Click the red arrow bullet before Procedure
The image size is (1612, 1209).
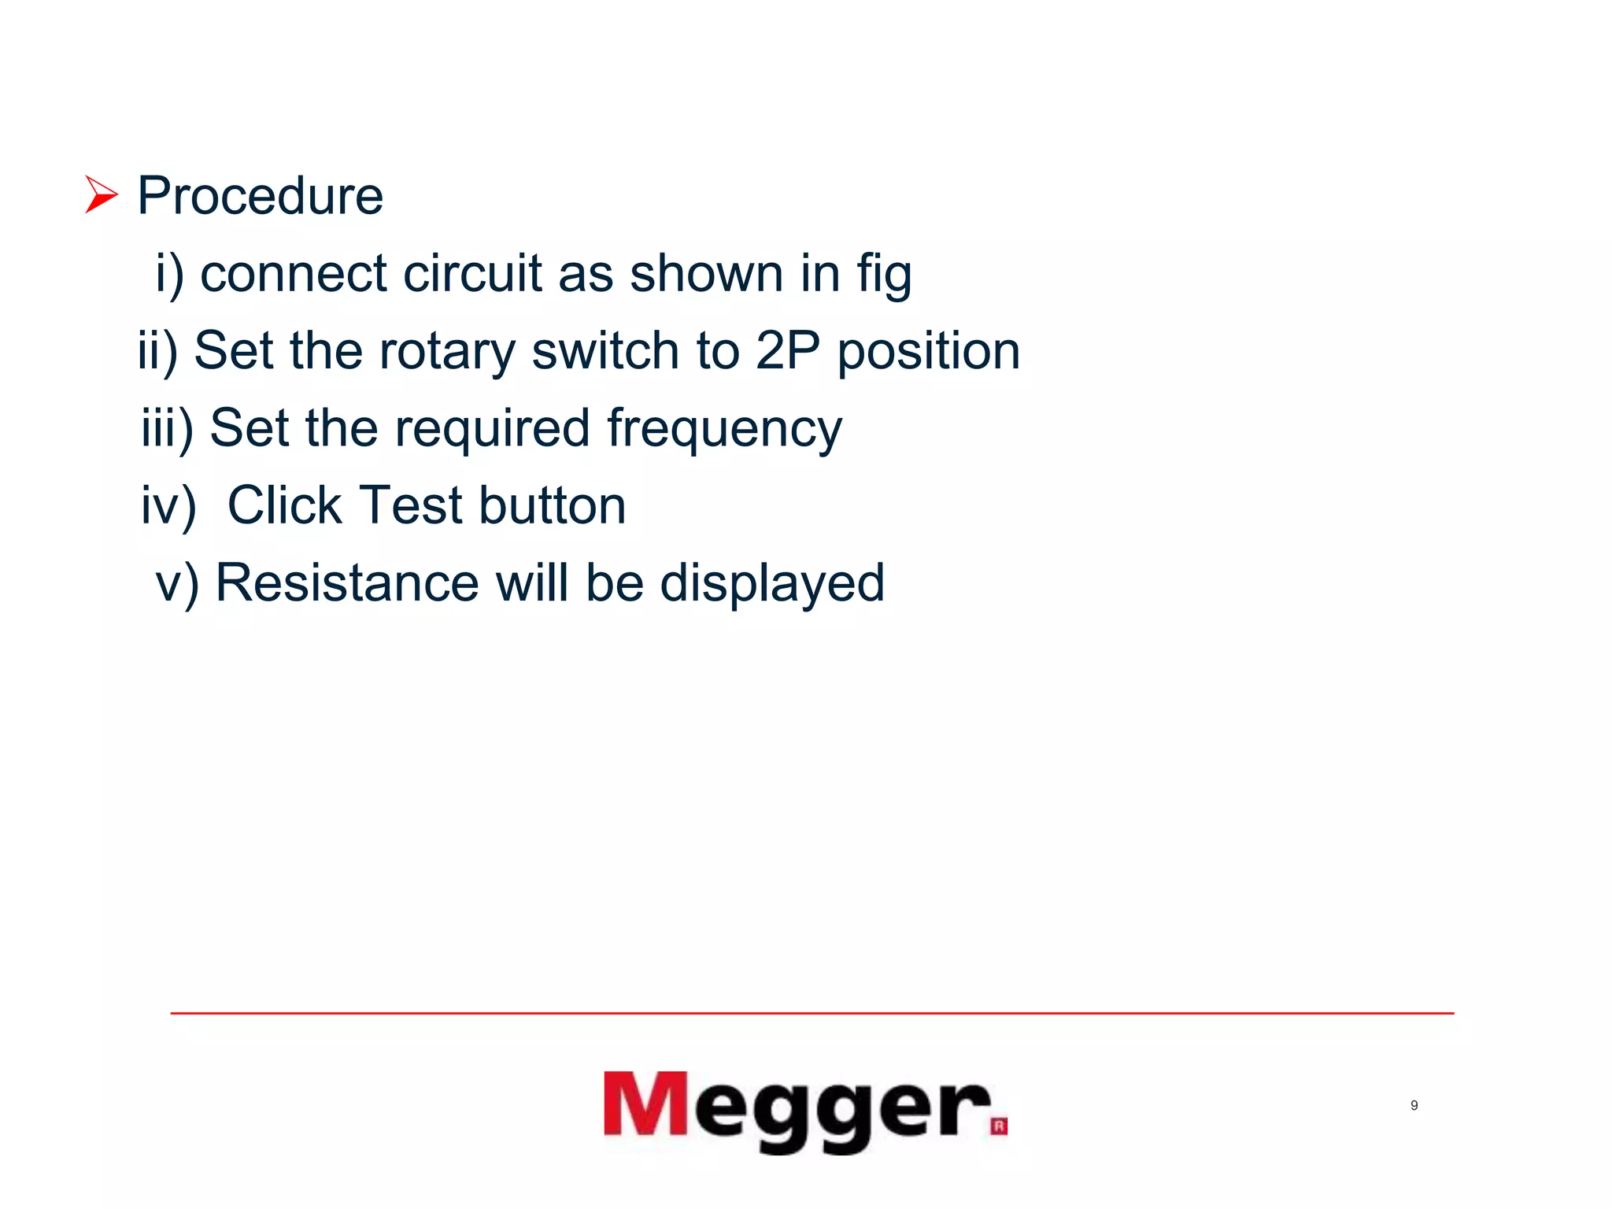(x=101, y=195)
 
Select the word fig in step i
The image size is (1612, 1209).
(x=884, y=275)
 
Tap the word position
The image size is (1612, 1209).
(x=928, y=352)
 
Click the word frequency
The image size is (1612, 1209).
(x=724, y=430)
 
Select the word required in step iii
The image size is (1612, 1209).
(x=492, y=430)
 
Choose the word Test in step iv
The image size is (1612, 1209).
(x=411, y=505)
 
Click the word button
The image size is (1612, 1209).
(x=552, y=505)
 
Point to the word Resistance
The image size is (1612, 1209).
(x=347, y=583)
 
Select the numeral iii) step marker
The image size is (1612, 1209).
(x=167, y=430)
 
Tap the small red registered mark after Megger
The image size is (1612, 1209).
(x=999, y=1126)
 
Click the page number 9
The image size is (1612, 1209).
(x=1414, y=1106)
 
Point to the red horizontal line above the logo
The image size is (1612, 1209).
(x=811, y=1013)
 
